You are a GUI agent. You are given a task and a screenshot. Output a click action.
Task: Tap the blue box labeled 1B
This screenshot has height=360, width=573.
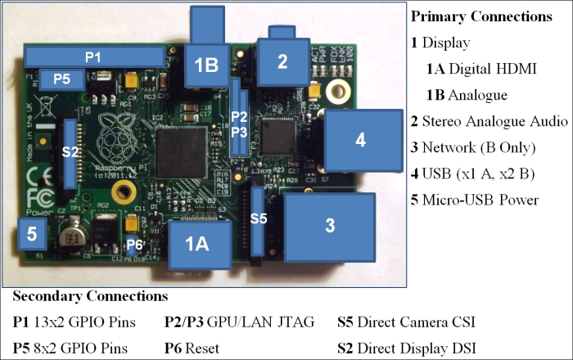click(206, 64)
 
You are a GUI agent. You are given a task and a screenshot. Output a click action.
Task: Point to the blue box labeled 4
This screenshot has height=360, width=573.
click(360, 140)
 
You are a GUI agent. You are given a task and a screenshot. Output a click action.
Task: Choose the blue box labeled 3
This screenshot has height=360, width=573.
click(329, 226)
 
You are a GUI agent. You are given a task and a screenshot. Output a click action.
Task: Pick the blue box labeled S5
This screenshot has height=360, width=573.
click(259, 218)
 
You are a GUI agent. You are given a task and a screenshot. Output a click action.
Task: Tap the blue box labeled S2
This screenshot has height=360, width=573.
click(71, 152)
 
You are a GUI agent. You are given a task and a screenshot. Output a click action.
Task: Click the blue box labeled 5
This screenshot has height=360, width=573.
click(32, 234)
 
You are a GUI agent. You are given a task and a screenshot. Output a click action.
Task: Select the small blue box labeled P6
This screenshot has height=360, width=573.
click(135, 245)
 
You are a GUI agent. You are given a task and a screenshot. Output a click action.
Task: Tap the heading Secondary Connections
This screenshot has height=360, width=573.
click(90, 295)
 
